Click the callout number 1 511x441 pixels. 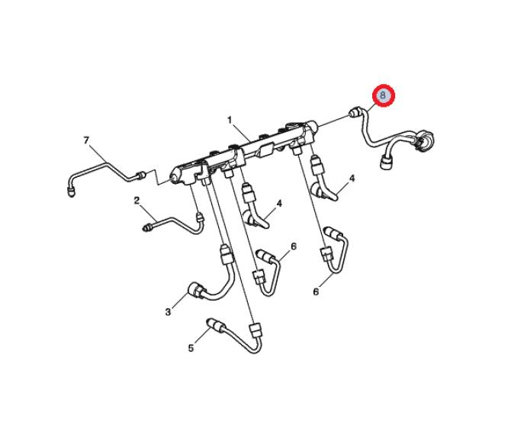click(230, 121)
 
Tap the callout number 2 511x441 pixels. click(137, 201)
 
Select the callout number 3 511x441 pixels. click(168, 312)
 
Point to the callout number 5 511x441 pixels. click(191, 348)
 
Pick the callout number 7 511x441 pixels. click(86, 140)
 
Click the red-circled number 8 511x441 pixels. click(383, 95)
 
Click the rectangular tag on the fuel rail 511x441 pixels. click(265, 150)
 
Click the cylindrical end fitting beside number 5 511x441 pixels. click(216, 324)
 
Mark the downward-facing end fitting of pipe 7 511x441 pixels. click(71, 192)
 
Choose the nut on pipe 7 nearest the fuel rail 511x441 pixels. click(141, 175)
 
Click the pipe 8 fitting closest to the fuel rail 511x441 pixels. click(355, 112)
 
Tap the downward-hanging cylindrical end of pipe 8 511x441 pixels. click(386, 162)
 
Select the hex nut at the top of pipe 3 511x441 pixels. click(227, 255)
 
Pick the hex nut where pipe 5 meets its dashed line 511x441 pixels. click(256, 330)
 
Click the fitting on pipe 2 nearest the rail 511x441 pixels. click(199, 217)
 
